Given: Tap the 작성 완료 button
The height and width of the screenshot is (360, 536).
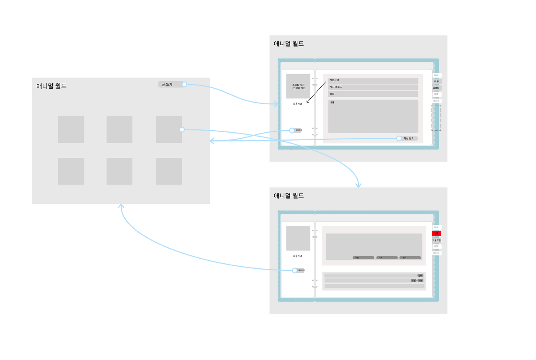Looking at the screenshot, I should tap(407, 139).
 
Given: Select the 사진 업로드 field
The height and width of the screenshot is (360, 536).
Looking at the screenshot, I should tap(373, 87).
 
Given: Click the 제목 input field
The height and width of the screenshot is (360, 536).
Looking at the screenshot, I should tap(373, 94).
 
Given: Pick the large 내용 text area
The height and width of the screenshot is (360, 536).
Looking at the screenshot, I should tap(373, 116).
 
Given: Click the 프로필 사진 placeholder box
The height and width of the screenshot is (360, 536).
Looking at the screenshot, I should tap(298, 86).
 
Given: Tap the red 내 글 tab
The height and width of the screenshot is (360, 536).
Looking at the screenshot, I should tap(436, 234).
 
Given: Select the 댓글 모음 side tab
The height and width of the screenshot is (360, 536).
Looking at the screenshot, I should tap(437, 240).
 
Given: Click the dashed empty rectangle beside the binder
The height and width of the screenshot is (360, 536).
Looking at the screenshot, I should tap(436, 118).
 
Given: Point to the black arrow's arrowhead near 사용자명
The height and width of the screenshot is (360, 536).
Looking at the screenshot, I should tap(307, 102).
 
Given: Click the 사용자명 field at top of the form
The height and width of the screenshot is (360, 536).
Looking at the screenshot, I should tap(373, 80).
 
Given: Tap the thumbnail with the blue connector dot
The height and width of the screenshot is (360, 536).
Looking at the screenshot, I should tap(169, 129).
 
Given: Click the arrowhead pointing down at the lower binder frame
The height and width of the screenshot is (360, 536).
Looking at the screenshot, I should tap(358, 186).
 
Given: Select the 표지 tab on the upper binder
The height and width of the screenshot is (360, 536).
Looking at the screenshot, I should tap(436, 75).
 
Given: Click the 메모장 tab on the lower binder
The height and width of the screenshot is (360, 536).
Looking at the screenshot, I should tap(437, 253).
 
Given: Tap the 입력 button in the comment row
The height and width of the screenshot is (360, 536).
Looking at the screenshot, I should tap(420, 275).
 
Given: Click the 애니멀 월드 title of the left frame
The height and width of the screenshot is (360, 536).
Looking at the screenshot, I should tap(52, 86).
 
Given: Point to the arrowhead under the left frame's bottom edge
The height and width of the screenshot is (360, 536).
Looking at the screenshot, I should tap(121, 206).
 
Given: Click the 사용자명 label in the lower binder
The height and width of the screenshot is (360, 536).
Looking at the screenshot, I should tap(297, 256).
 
